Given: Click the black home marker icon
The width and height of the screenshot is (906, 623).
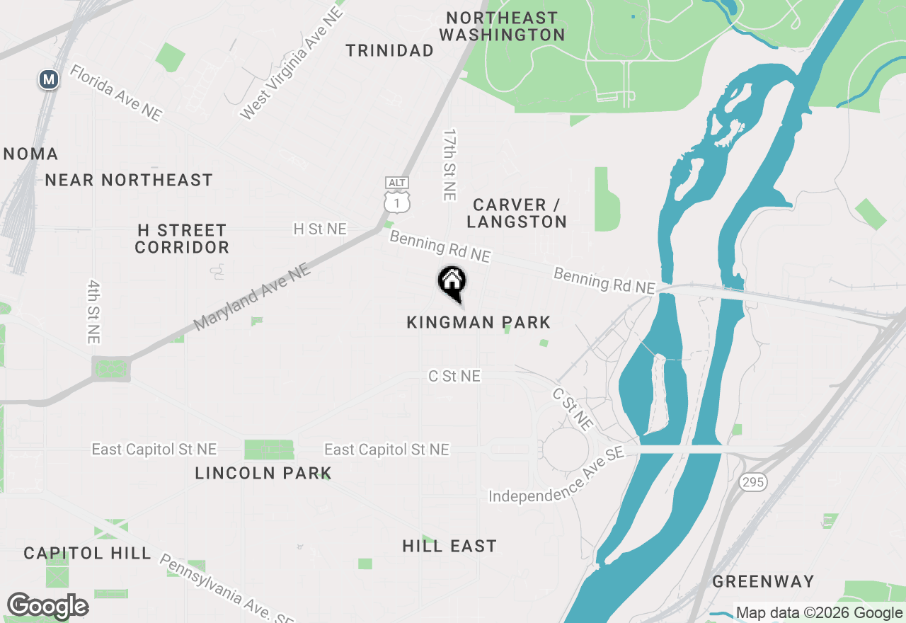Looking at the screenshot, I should (452, 282).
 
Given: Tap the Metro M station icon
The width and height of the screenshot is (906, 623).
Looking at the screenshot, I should (48, 79).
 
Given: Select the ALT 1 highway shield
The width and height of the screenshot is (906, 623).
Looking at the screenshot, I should (397, 195).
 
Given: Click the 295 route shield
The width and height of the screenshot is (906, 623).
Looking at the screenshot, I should (752, 482).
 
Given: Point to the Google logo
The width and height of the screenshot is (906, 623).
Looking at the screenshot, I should (47, 606).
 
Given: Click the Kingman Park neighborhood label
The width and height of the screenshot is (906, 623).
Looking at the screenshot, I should (478, 323).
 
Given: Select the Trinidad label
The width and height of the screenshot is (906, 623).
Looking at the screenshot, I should (389, 50).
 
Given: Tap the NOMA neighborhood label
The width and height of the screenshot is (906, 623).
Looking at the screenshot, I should (30, 154).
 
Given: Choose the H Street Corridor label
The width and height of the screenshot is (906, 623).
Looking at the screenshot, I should (182, 239).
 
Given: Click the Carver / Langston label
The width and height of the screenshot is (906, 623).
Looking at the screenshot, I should (517, 213).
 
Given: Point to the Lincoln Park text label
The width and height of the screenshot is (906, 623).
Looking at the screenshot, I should (263, 473).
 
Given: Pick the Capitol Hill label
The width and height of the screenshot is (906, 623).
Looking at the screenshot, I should (87, 553).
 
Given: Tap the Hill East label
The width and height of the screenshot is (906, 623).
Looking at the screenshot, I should (449, 546).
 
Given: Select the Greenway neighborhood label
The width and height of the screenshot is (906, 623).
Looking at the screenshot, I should (763, 582).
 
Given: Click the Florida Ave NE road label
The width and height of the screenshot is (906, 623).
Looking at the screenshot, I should (116, 93).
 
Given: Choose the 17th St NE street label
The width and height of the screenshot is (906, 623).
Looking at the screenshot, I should (449, 164).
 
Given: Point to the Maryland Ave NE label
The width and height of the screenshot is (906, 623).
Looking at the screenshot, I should (251, 297).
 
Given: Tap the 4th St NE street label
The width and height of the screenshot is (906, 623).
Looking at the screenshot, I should (93, 311).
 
